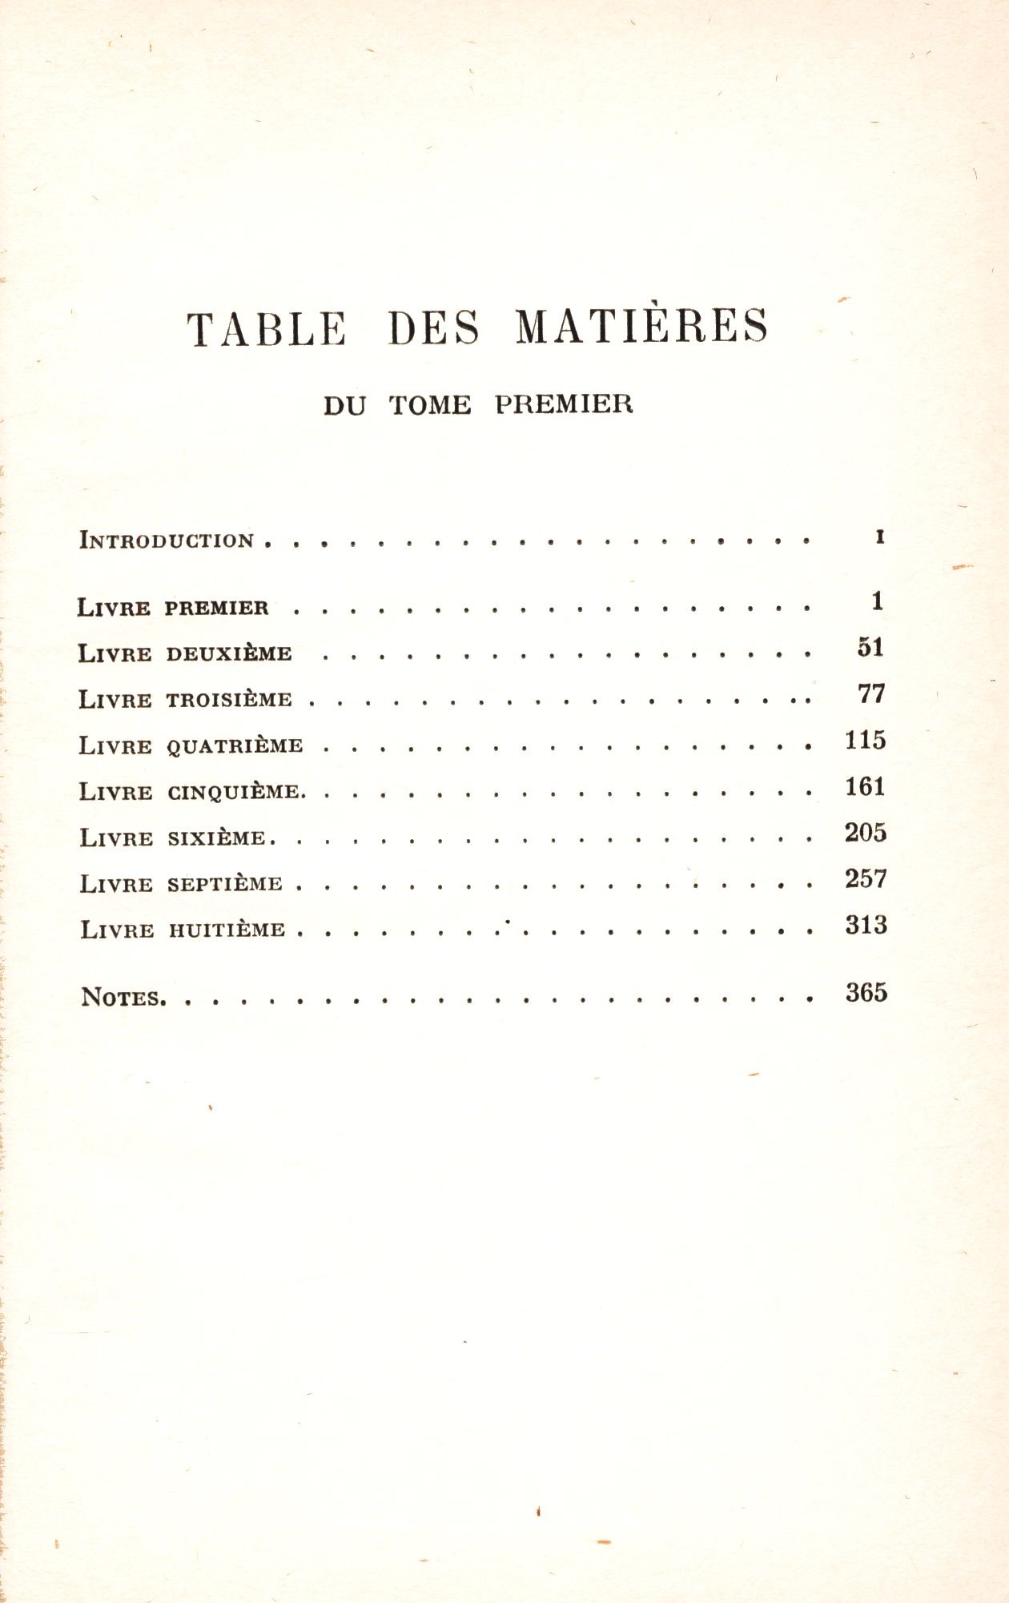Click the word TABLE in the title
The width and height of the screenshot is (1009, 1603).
(x=267, y=328)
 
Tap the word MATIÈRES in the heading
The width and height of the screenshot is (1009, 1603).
(x=641, y=327)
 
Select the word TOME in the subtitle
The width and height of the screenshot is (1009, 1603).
(x=430, y=404)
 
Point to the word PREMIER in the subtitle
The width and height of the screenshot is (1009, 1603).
(x=564, y=404)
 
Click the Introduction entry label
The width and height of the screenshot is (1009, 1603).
(x=167, y=540)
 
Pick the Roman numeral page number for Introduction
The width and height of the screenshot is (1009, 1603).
(x=880, y=537)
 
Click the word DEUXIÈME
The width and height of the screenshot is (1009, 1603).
(x=229, y=653)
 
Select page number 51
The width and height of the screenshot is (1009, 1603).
(x=870, y=647)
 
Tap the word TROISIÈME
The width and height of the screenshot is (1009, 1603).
(x=229, y=700)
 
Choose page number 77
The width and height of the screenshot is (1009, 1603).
(x=871, y=693)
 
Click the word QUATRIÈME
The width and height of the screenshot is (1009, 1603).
(x=235, y=746)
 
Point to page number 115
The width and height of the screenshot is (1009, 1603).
(x=866, y=740)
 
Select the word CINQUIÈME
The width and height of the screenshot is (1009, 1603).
(x=234, y=793)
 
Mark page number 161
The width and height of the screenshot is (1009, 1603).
(x=866, y=786)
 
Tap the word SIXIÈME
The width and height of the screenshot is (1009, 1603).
(x=216, y=838)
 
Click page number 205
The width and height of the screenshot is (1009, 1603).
(x=866, y=833)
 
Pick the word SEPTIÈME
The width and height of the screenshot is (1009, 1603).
(x=225, y=884)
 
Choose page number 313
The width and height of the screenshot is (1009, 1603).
(x=866, y=926)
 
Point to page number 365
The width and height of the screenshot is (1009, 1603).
(x=866, y=993)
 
